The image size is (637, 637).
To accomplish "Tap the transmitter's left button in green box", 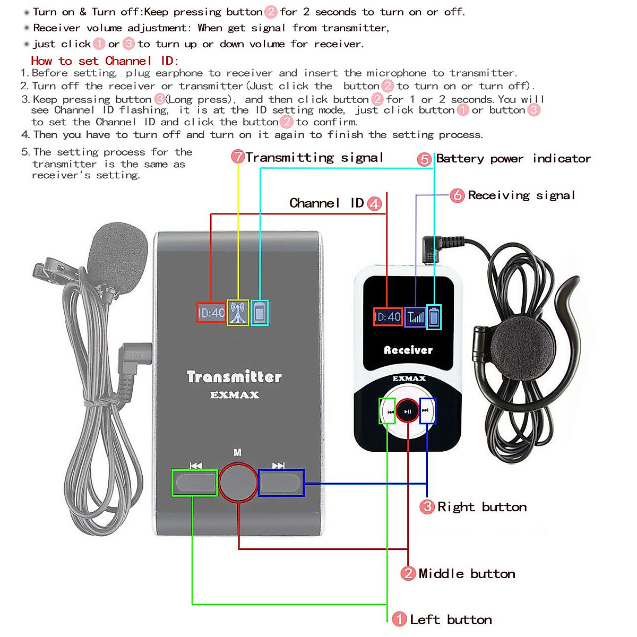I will pos(195,483).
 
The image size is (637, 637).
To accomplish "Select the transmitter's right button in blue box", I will pos(281,483).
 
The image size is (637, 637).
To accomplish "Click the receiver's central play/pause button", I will pos(408,411).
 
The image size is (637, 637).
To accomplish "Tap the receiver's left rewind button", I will pos(388,411).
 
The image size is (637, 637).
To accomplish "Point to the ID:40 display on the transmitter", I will pos(211,313).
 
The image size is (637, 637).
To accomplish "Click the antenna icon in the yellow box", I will pos(238,313).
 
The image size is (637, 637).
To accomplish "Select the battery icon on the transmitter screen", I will pos(260,313).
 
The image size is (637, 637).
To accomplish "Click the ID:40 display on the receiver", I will pos(388,317).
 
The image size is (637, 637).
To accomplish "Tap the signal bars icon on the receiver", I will pos(415,317).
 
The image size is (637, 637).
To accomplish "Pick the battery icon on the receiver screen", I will pos(434,317).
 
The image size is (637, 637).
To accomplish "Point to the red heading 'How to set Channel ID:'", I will pos(105,61).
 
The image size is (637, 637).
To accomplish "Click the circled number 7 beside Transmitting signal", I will pos(238,157).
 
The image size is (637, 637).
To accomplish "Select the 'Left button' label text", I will pos(451,619).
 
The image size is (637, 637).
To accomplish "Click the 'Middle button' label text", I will pos(467,574).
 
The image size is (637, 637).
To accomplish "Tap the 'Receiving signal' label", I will pos(521,195).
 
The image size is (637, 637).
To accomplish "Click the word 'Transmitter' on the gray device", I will pos(234,377).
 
